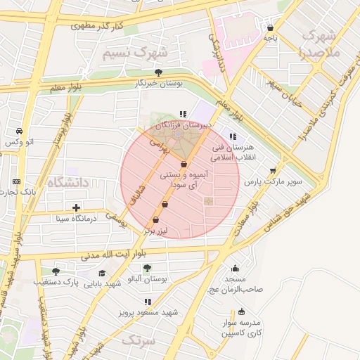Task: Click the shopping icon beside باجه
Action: click(x=270, y=28)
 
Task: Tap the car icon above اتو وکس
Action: click(x=19, y=131)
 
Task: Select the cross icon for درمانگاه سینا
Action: click(x=77, y=207)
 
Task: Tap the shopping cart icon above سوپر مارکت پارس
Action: click(x=273, y=170)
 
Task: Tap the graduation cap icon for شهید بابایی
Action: click(x=102, y=274)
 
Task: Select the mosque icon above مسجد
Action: click(x=235, y=268)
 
